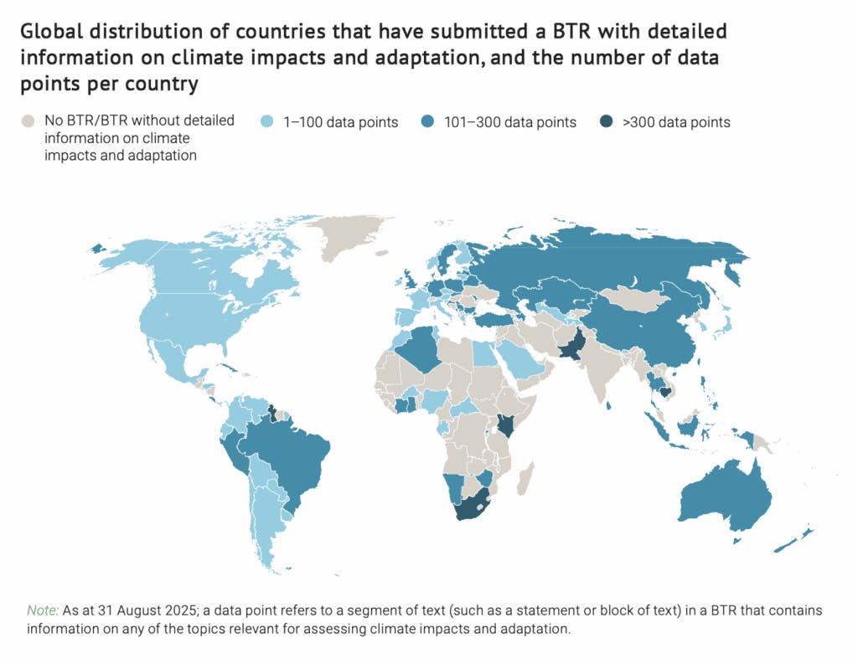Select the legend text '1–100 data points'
tap(339, 122)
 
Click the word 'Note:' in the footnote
tap(42, 610)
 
